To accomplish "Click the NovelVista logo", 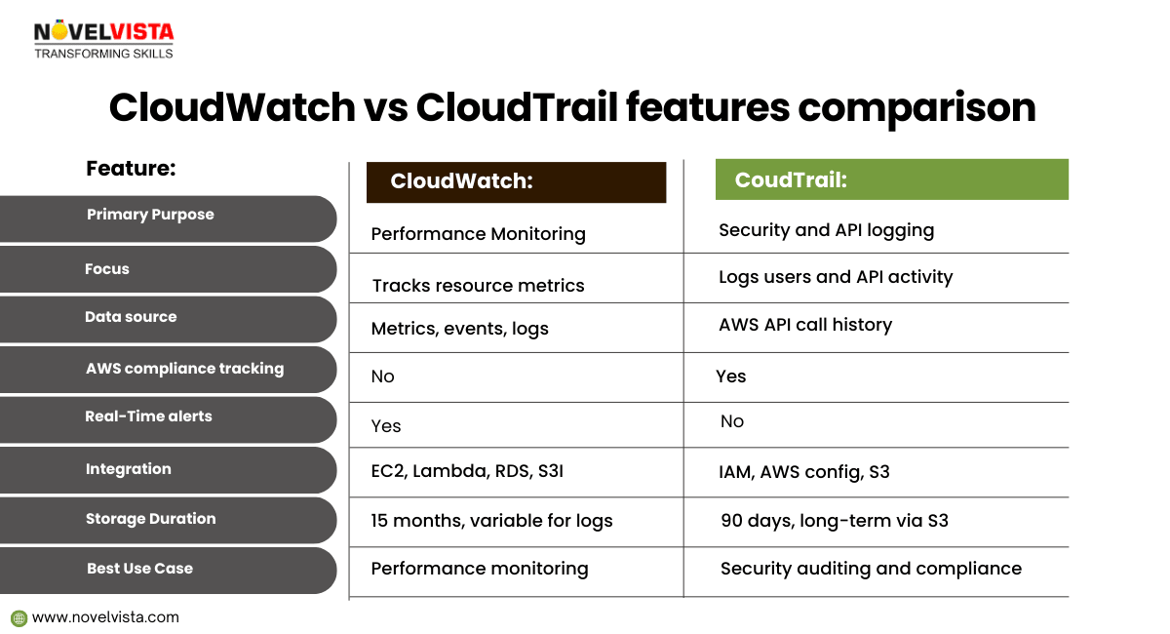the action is click(103, 40).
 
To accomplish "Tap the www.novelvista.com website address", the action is click(105, 617).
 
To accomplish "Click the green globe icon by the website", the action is click(19, 618).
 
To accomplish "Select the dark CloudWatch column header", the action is click(516, 181).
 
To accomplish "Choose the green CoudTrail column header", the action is click(891, 179).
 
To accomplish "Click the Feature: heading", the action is click(131, 169).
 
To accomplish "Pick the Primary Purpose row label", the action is click(150, 215).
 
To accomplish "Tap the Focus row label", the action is click(107, 268).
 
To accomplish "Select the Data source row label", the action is click(131, 317).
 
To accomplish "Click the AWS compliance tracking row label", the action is click(185, 369).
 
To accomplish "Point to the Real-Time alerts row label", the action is click(148, 416).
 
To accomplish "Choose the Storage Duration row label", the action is click(150, 519).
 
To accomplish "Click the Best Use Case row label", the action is click(140, 568).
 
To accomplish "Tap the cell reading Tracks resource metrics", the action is click(478, 286).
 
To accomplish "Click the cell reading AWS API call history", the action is click(805, 325).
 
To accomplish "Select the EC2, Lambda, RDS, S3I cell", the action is click(467, 471).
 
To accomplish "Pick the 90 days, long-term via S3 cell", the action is click(835, 521).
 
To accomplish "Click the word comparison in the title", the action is click(916, 107).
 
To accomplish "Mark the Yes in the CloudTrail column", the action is click(730, 376).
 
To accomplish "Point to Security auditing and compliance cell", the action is click(871, 569).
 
